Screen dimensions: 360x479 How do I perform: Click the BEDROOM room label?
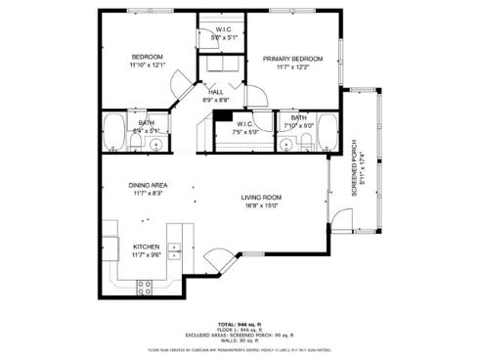(147, 57)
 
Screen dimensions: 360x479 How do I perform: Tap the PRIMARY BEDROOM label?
(292, 59)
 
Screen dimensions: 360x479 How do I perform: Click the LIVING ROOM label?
(261, 198)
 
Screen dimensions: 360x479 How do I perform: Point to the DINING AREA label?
(148, 185)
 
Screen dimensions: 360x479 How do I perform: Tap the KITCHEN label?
(147, 247)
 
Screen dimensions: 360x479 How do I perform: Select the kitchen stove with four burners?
(145, 287)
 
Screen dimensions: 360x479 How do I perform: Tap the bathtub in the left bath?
(115, 132)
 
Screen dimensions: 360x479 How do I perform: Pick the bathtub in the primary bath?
(328, 132)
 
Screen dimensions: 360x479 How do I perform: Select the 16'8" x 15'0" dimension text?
(261, 206)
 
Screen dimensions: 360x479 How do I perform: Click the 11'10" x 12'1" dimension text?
(148, 66)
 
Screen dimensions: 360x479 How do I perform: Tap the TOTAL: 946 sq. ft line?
(239, 322)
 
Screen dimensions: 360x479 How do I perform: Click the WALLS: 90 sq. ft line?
(239, 339)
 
